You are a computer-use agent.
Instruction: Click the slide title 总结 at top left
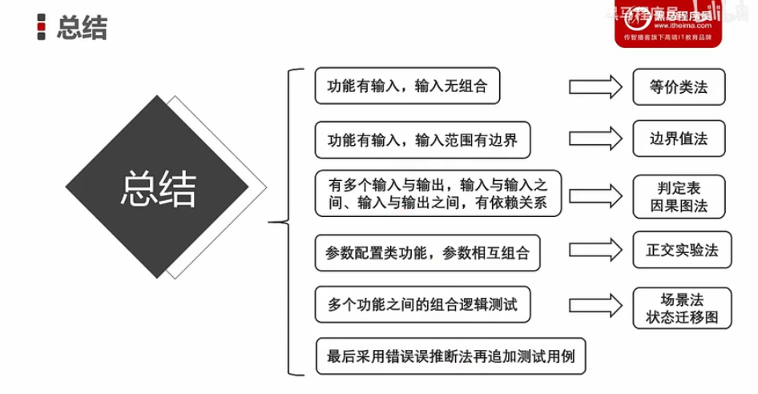82,30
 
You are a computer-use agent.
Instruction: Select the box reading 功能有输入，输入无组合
407,86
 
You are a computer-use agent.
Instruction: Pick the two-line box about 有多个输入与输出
437,194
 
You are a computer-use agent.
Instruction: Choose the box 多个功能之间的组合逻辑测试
421,304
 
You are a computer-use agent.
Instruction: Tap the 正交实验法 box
682,249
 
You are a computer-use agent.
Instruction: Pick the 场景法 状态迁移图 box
682,308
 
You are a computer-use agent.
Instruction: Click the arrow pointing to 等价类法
595,86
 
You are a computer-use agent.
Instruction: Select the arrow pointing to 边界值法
595,138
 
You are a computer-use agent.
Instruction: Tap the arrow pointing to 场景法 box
595,304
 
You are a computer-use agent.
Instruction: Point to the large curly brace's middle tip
272,222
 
